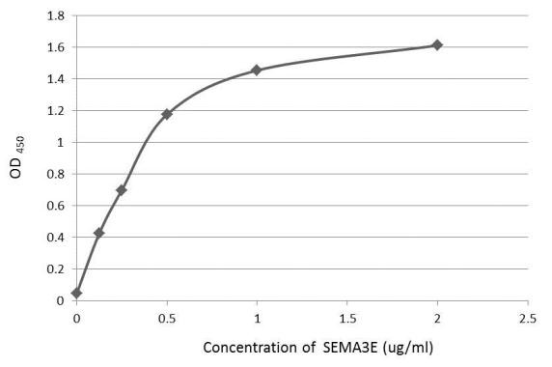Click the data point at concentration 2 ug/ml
(x=437, y=44)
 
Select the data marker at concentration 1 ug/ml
(x=257, y=70)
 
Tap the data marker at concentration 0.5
(x=167, y=114)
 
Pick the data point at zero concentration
(x=77, y=293)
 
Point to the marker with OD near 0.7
(x=122, y=189)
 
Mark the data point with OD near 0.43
(x=99, y=233)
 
